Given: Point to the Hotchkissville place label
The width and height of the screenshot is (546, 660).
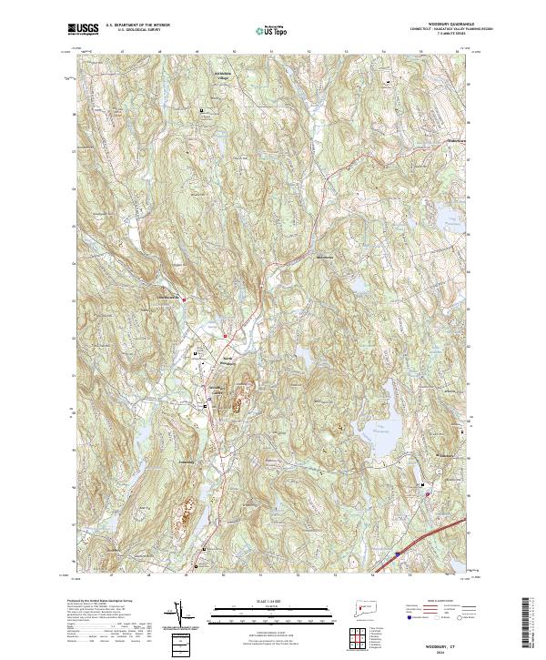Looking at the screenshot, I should tap(166, 298).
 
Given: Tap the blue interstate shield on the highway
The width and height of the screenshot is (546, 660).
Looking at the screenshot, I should tap(398, 552).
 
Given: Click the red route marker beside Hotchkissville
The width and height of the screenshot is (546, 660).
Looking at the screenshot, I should tap(185, 299).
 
